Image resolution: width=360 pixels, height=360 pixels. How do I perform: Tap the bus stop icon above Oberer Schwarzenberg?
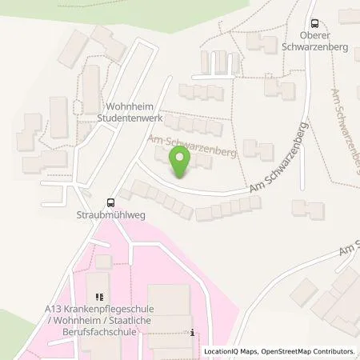315,24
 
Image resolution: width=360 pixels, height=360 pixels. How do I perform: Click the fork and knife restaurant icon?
99,298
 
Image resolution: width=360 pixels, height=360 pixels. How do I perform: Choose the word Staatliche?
147,322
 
